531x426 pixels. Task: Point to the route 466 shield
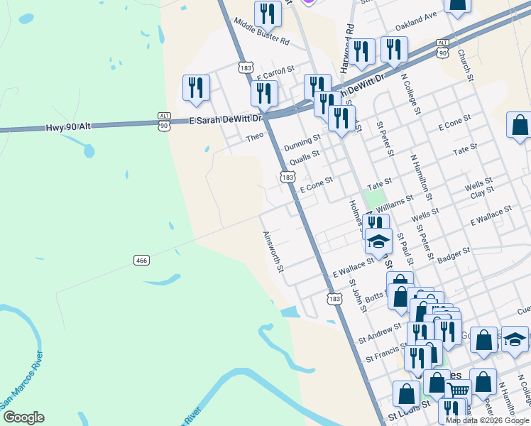pyautogui.click(x=141, y=261)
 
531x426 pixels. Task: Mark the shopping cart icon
pyautogui.click(x=459, y=388)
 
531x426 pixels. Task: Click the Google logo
pyautogui.click(x=23, y=417)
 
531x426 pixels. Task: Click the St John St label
pyautogui.click(x=357, y=294)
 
